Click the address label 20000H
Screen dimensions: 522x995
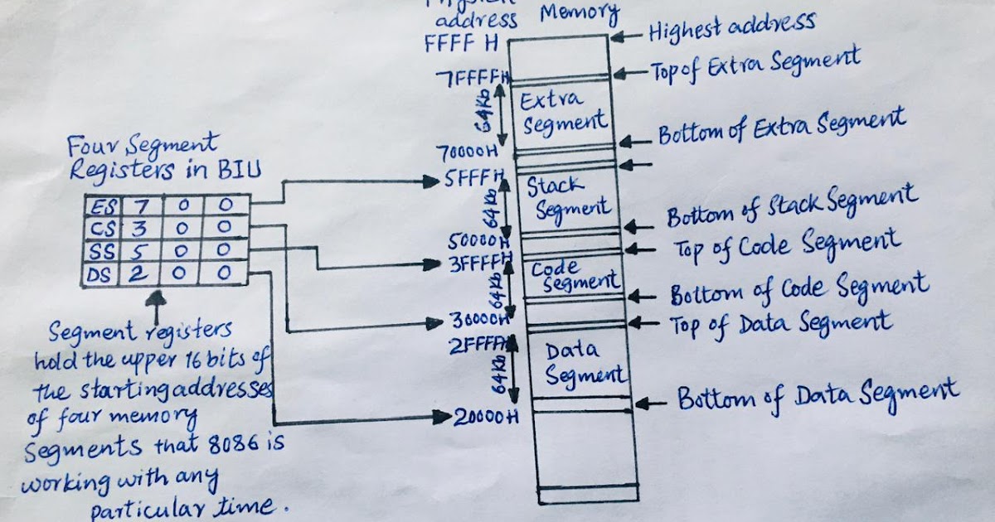coord(486,417)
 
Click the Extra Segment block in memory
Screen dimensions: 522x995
coord(564,112)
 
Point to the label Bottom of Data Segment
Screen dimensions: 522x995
coord(818,397)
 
